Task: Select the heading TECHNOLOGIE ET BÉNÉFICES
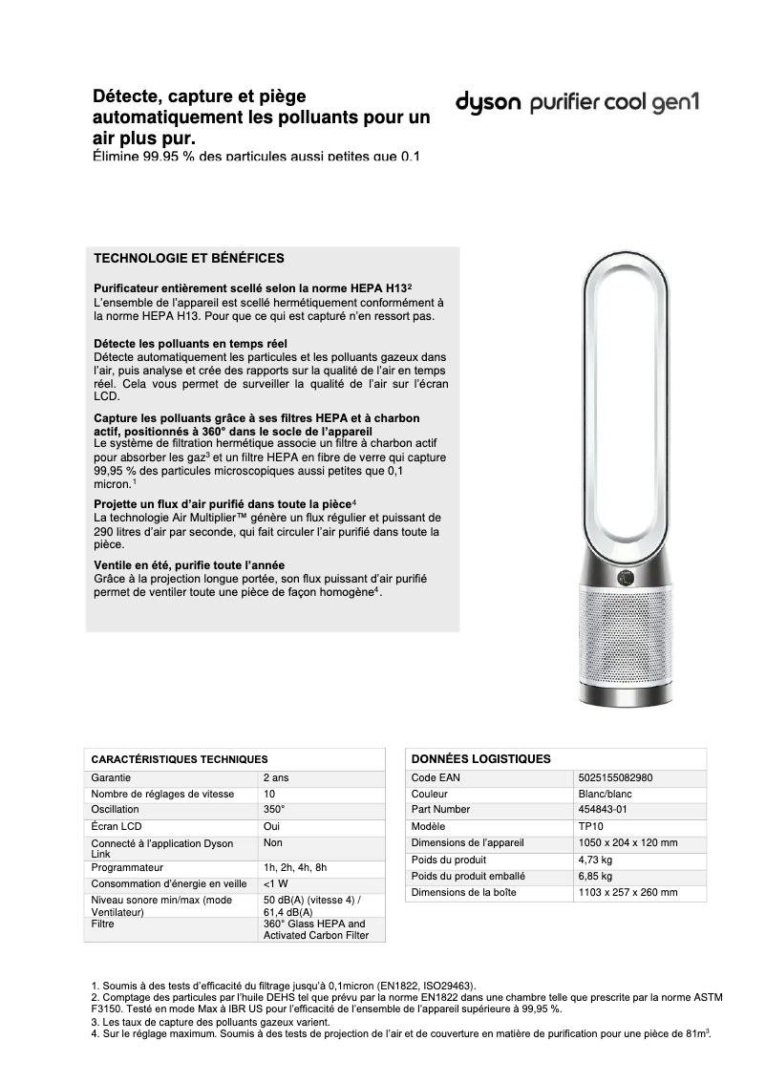point(188,258)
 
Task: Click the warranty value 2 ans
point(276,778)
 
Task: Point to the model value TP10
point(590,826)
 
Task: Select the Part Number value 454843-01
point(603,810)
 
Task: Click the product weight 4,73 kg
point(595,860)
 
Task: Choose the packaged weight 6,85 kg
point(595,876)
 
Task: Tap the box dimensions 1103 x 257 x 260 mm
point(628,892)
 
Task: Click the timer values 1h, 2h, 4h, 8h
point(295,867)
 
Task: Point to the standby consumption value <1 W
point(276,883)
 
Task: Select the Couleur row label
point(430,794)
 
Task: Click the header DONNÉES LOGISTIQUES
point(480,758)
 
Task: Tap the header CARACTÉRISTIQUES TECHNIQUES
point(172,758)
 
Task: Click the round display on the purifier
point(628,577)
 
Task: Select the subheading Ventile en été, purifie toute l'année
point(189,565)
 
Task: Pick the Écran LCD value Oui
point(271,826)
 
